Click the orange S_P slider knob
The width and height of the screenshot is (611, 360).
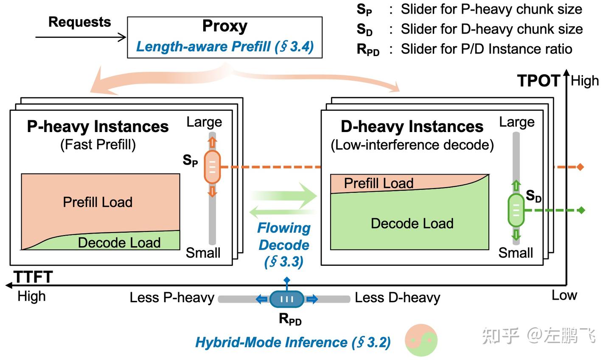pos(213,167)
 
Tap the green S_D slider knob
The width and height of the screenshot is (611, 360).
pos(516,210)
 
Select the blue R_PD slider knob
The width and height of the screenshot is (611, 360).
pos(287,299)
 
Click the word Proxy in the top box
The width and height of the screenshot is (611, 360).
pos(224,26)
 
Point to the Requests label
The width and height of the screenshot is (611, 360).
pos(79,22)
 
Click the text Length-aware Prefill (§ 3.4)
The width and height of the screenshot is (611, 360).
pos(224,46)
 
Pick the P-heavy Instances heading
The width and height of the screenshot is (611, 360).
pos(98,127)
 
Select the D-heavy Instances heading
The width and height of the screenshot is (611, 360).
pos(412,127)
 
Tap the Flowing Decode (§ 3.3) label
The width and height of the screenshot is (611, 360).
pos(284,245)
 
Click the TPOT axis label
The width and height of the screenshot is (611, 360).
pos(539,81)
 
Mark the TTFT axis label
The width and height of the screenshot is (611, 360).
pos(33,277)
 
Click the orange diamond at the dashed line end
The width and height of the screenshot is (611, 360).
pos(580,167)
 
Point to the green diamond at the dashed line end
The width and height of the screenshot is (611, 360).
pos(582,210)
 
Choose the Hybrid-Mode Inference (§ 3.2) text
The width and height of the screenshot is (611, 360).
pos(293,342)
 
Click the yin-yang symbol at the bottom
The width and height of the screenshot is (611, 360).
pos(421,340)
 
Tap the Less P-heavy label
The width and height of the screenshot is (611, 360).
pos(172,298)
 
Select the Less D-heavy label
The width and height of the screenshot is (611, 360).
pos(398,298)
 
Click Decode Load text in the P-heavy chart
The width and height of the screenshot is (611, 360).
pos(119,242)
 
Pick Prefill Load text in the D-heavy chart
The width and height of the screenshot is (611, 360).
pos(378,183)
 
